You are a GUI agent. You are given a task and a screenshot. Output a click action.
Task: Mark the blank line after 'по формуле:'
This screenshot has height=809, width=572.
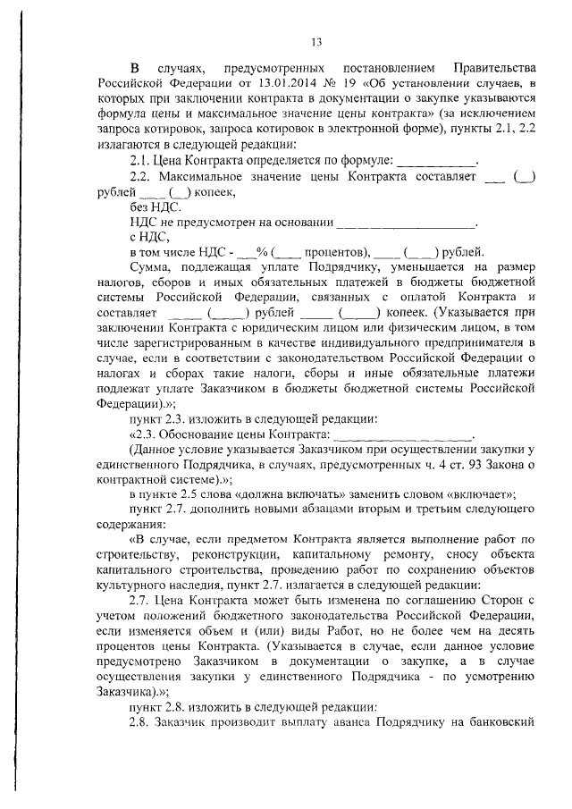pyautogui.click(x=435, y=161)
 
